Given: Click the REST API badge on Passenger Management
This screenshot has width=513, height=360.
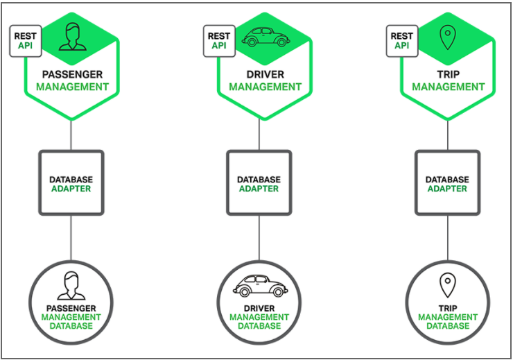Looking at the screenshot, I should point(25,41).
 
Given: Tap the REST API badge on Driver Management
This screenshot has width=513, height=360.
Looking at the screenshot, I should point(219,41).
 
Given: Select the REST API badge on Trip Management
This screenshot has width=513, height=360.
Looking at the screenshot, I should point(401,41).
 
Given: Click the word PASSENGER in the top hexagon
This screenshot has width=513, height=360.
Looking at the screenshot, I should point(72,74).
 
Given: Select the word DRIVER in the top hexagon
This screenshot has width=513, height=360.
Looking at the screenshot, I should point(266,74).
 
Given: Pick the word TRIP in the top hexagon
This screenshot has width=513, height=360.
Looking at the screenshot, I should point(448,74).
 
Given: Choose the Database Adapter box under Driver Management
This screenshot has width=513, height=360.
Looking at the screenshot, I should point(259,183).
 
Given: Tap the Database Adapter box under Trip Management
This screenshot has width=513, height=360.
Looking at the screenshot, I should point(447,183).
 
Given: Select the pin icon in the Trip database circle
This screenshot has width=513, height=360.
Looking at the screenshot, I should point(447,284).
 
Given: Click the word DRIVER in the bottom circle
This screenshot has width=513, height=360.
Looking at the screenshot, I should point(259,308).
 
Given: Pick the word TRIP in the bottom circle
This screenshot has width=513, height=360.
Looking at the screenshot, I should point(447,308).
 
